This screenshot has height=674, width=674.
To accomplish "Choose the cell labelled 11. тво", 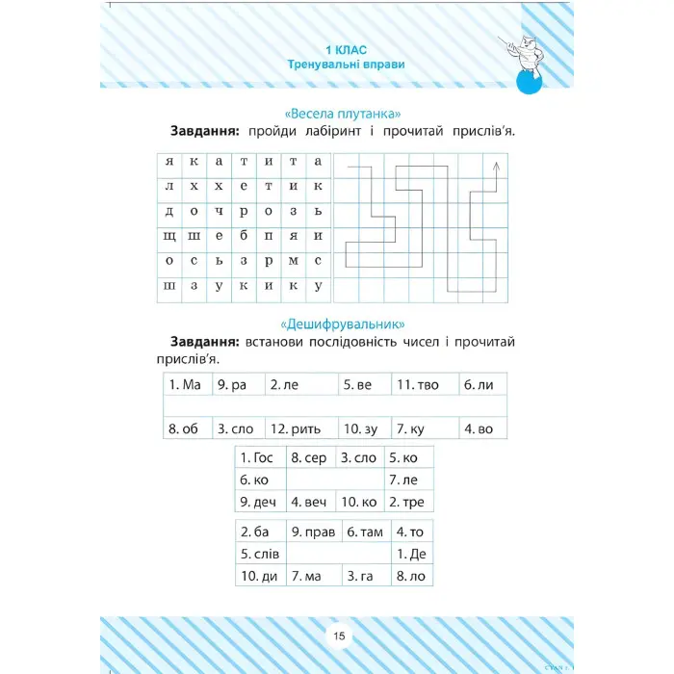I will [422, 384].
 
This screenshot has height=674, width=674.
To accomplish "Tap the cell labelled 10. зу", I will [363, 429].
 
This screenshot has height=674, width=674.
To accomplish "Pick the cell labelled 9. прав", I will [313, 531].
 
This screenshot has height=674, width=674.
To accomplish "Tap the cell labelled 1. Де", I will [411, 554].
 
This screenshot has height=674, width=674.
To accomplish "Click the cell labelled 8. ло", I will [411, 576].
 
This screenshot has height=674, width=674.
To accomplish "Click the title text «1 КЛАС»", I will [346, 48].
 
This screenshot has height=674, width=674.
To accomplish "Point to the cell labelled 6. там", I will [365, 531].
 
